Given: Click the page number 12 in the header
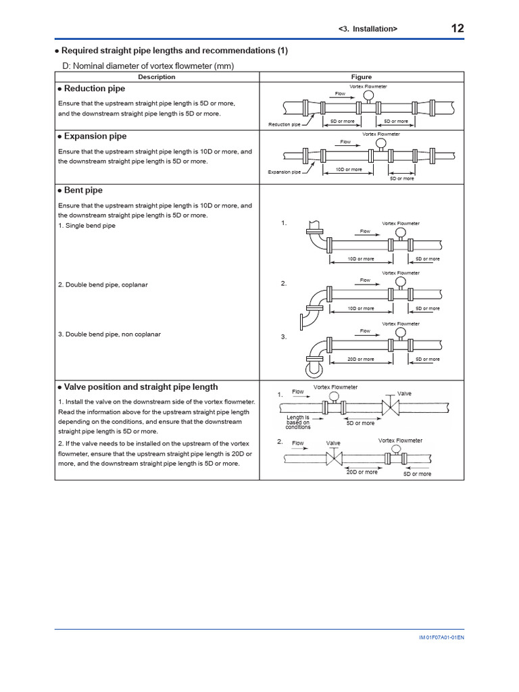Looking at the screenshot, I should [457, 28].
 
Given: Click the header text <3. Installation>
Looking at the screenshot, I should [368, 29].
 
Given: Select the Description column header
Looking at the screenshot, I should [156, 77].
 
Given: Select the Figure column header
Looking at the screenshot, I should [361, 77].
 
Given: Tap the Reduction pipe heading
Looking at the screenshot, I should [94, 89].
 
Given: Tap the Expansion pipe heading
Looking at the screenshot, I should [95, 136].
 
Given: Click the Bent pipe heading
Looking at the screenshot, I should [83, 191].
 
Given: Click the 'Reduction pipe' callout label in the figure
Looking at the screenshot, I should [284, 125].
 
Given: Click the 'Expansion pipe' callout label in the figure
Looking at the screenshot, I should [284, 172].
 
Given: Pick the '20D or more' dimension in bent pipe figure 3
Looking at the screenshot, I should [360, 360].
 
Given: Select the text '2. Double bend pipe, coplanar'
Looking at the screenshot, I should [103, 285].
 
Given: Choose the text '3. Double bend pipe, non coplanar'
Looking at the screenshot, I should [109, 334].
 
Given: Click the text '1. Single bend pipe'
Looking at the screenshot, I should [86, 225].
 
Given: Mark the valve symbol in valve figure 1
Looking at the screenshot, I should [391, 407].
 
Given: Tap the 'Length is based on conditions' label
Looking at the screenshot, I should [297, 422].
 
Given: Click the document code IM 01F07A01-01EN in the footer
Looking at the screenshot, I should [441, 637].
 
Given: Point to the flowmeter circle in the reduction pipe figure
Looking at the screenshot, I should [368, 96].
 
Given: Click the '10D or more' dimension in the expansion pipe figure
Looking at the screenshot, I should [349, 170].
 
